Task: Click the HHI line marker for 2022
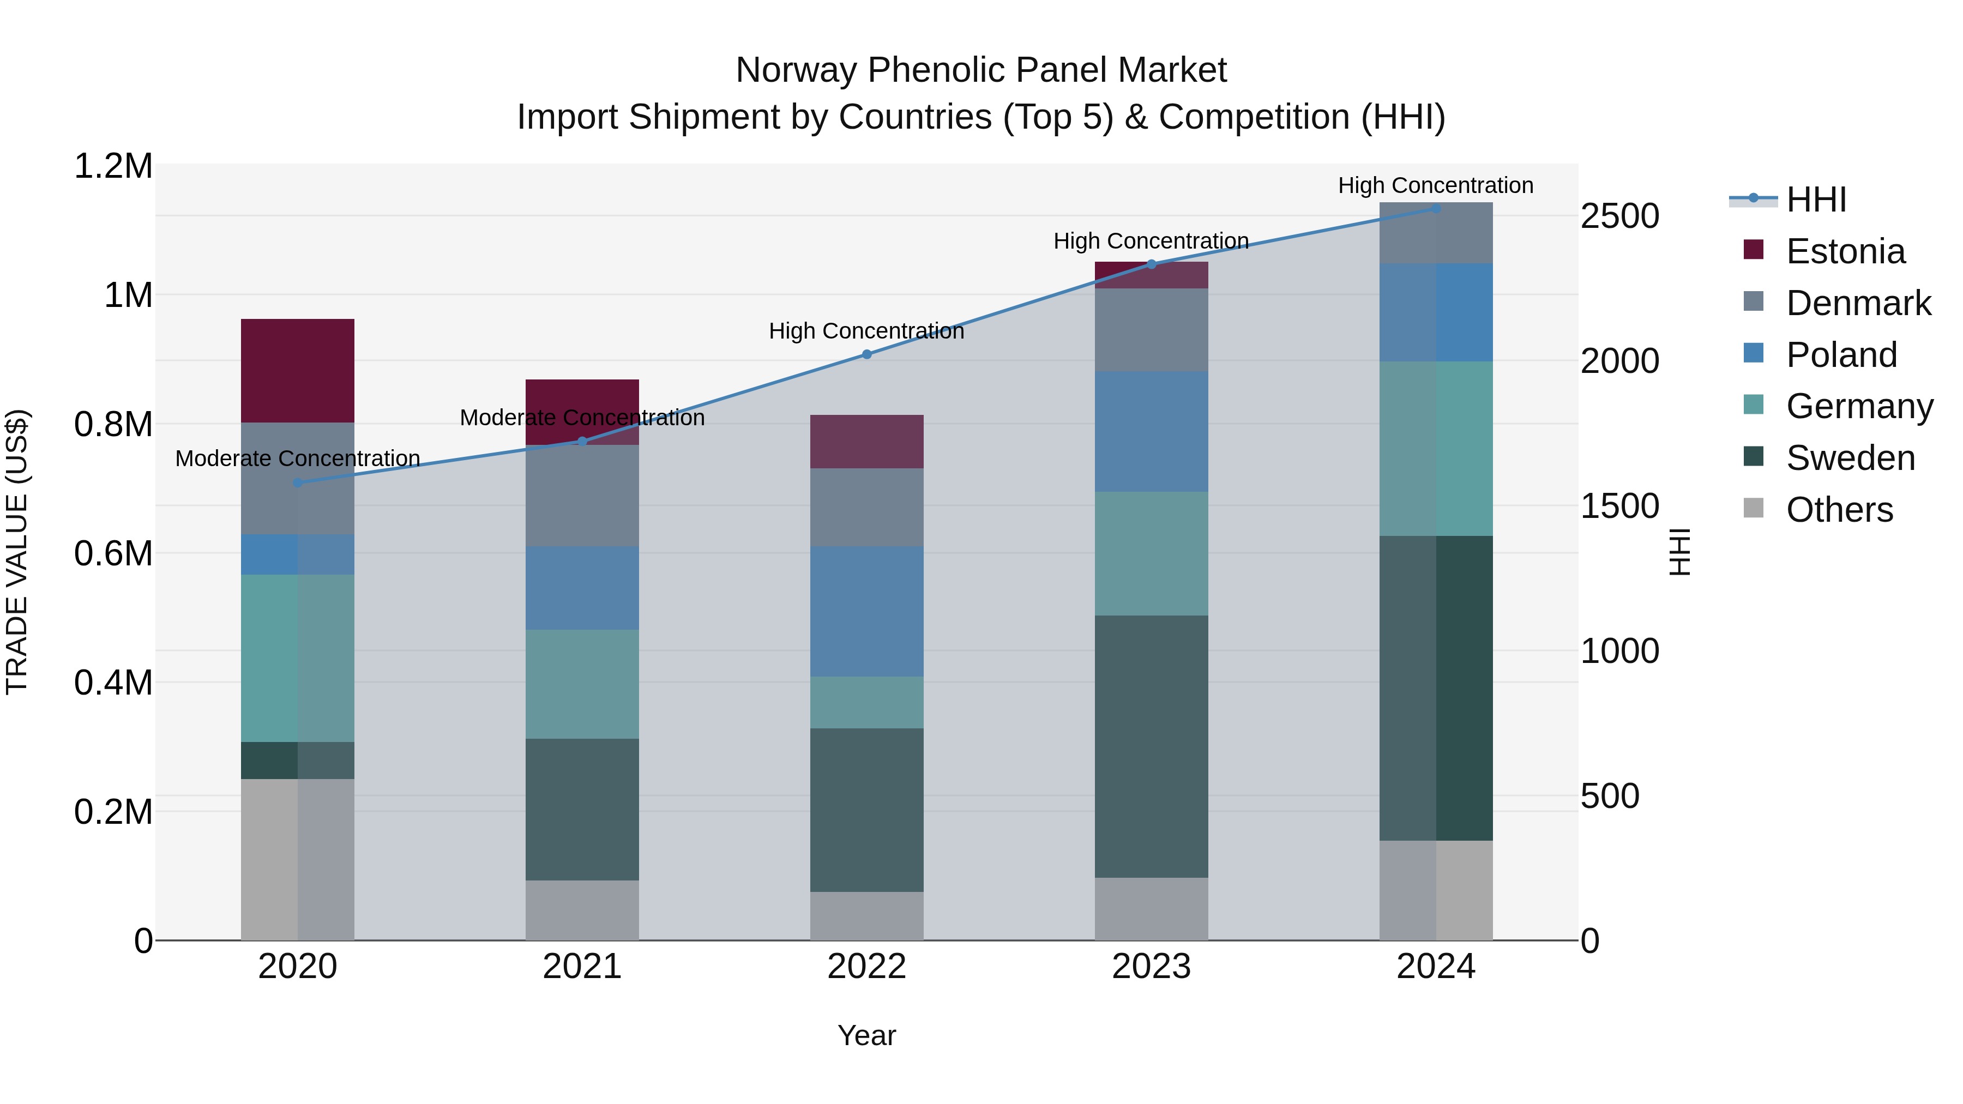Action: tap(866, 354)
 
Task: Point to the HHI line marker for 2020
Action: tap(298, 483)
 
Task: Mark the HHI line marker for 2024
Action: tap(1436, 208)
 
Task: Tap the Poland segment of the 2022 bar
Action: tap(866, 611)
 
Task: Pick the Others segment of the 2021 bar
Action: tap(582, 910)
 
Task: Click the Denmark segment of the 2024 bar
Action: tap(1436, 233)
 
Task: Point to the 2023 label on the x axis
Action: tap(1152, 967)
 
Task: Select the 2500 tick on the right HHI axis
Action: tap(1619, 216)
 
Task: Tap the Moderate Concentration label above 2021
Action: tap(582, 418)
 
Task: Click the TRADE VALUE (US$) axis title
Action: tap(17, 552)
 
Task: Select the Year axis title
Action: tap(866, 1035)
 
